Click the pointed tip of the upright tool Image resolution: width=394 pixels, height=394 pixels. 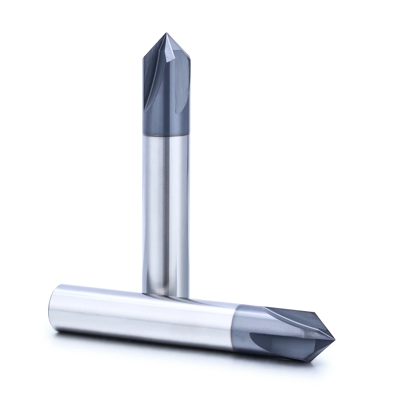click(x=166, y=33)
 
